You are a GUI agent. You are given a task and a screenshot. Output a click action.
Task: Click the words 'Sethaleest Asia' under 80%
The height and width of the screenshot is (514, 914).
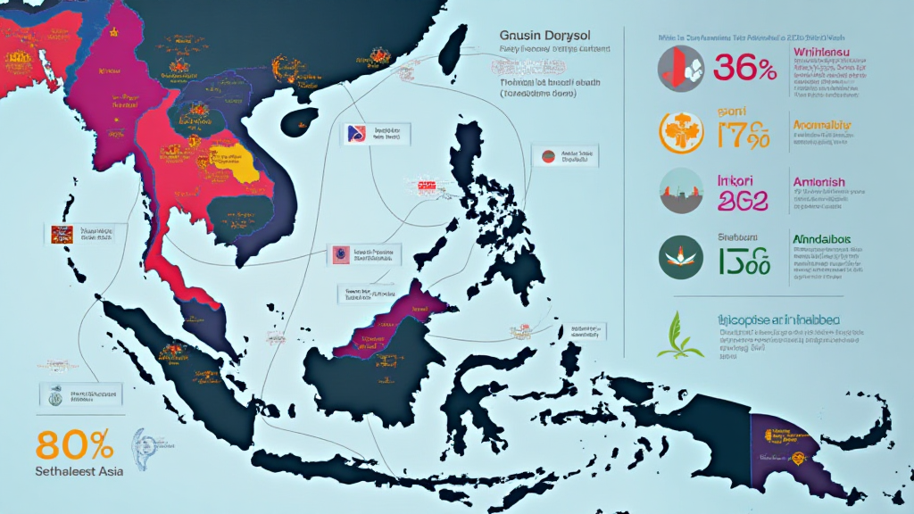coord(80,470)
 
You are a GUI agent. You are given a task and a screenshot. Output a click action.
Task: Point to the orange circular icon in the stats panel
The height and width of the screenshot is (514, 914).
coord(679,132)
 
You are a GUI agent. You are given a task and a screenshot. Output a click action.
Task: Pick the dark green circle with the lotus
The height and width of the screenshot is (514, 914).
coord(679,257)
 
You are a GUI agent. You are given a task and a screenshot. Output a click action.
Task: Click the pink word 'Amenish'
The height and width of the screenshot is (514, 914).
coord(818,182)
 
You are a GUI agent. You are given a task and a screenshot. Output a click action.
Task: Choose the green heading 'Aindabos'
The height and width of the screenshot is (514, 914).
coord(822,240)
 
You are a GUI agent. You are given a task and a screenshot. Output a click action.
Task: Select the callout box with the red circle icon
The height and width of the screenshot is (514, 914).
coord(564,156)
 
